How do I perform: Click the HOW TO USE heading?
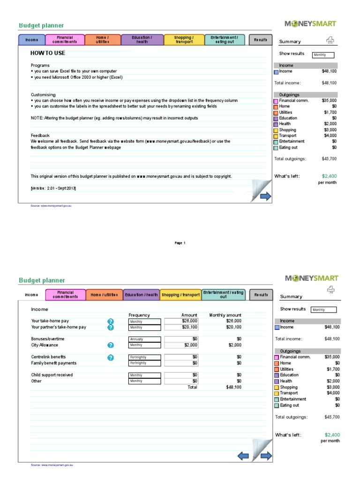tap(48, 53)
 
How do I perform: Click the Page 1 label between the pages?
tap(180, 243)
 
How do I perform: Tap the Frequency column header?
tap(139, 315)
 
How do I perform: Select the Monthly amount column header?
tap(225, 315)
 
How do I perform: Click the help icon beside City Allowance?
tap(111, 345)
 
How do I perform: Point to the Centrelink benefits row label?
tap(48, 357)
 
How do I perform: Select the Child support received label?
tap(52, 375)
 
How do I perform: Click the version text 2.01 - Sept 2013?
tap(53, 188)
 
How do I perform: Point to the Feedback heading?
tap(40, 135)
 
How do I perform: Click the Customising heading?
tap(43, 95)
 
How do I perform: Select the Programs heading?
tap(40, 65)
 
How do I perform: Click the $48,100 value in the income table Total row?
tap(233, 387)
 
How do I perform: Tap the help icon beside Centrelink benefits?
tap(111, 357)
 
